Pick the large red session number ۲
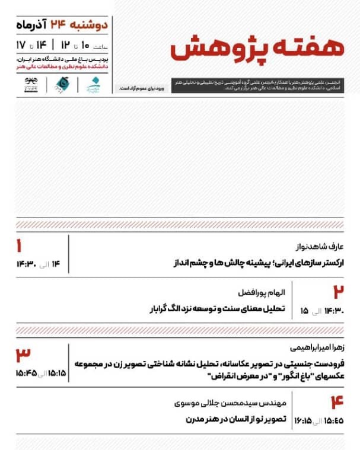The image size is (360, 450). click(x=338, y=292)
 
